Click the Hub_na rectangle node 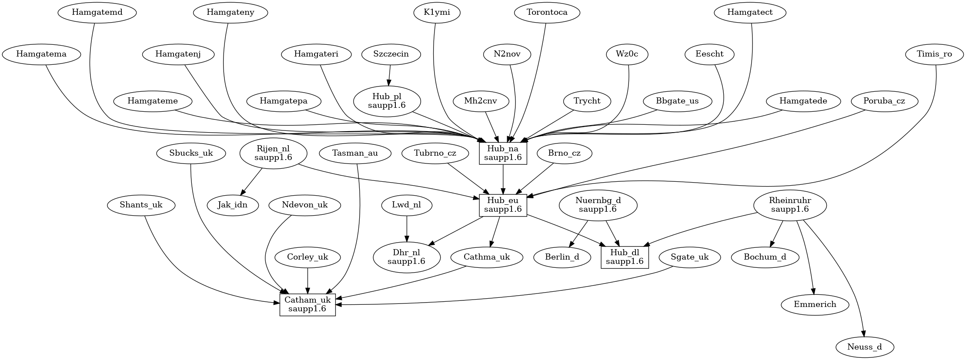coord(503,153)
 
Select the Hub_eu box coord(503,205)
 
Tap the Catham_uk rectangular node coord(308,304)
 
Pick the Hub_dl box coord(625,257)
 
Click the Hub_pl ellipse coord(387,101)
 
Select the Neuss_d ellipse coord(865,347)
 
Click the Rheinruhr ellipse coord(790,205)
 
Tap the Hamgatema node coord(41,54)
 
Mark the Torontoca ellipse coord(547,12)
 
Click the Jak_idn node coord(233,205)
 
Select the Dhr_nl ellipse coord(407,257)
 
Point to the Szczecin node coord(391,54)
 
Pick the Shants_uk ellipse coord(141,205)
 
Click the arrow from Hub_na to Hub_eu coord(503,180)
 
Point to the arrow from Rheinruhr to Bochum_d coord(777,234)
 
